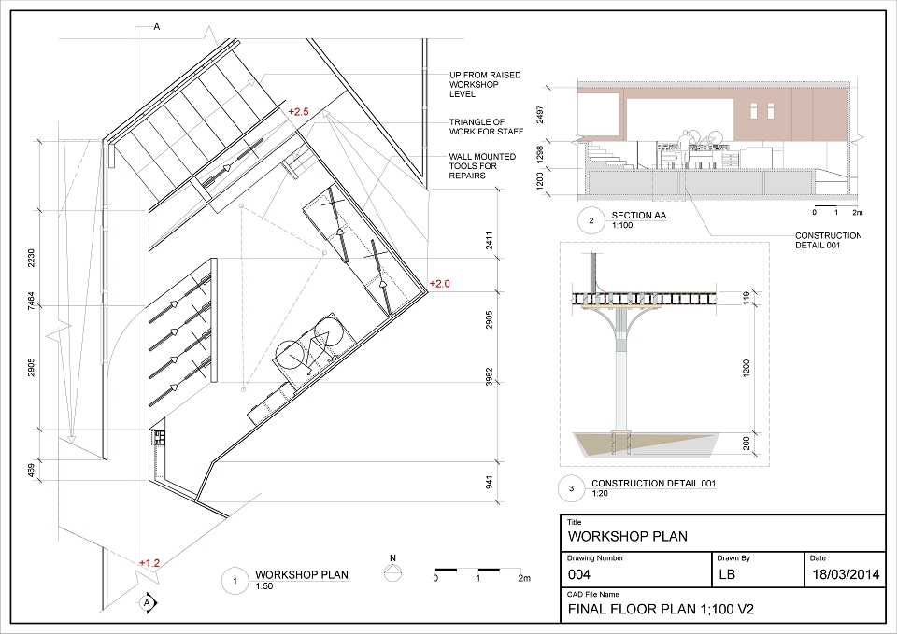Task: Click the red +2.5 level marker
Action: coord(298,111)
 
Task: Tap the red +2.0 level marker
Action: coord(439,284)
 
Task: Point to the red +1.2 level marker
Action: coord(149,563)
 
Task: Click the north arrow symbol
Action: coord(392,571)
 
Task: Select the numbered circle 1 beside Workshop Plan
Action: coord(235,581)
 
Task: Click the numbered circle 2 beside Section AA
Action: coord(591,220)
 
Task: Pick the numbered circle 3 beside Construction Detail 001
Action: coord(572,488)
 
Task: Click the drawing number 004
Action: coord(579,574)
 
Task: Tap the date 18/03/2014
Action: coord(846,574)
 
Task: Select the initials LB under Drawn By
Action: coord(727,574)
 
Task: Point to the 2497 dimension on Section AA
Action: coord(541,114)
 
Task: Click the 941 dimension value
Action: coord(489,483)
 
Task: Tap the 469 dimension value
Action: coord(32,470)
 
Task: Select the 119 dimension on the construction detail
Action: coord(747,298)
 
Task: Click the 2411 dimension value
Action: coord(489,241)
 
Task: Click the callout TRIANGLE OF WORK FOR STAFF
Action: coord(486,127)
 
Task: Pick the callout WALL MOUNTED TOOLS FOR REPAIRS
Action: coord(482,166)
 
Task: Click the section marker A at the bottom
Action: coord(148,602)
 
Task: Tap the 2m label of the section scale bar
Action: coord(857,213)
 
